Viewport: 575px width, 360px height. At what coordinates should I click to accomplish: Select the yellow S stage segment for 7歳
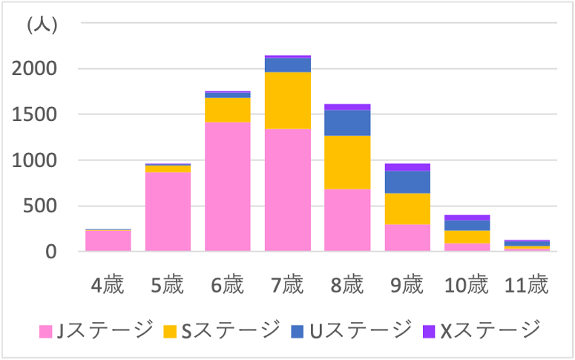pos(287,100)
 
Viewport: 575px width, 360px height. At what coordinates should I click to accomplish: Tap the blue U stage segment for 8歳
pos(347,122)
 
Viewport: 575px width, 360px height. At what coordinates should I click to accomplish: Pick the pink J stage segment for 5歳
pos(168,212)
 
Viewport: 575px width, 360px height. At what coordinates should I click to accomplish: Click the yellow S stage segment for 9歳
pos(407,209)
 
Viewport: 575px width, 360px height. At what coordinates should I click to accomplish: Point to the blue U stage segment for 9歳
pos(407,182)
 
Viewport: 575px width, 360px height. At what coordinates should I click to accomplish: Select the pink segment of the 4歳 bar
pos(108,241)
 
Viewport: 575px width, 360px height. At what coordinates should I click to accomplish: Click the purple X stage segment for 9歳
pos(407,167)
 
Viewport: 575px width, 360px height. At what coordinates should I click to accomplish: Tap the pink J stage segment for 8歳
pos(347,220)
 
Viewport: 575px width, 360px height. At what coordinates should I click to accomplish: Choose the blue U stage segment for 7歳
pos(287,65)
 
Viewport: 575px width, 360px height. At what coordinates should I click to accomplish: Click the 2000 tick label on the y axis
pos(35,69)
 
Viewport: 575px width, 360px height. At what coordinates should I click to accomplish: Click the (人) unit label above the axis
pos(42,25)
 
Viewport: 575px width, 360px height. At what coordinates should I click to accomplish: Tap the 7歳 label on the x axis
pos(287,286)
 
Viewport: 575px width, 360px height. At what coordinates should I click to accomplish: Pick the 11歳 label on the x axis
pos(527,286)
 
